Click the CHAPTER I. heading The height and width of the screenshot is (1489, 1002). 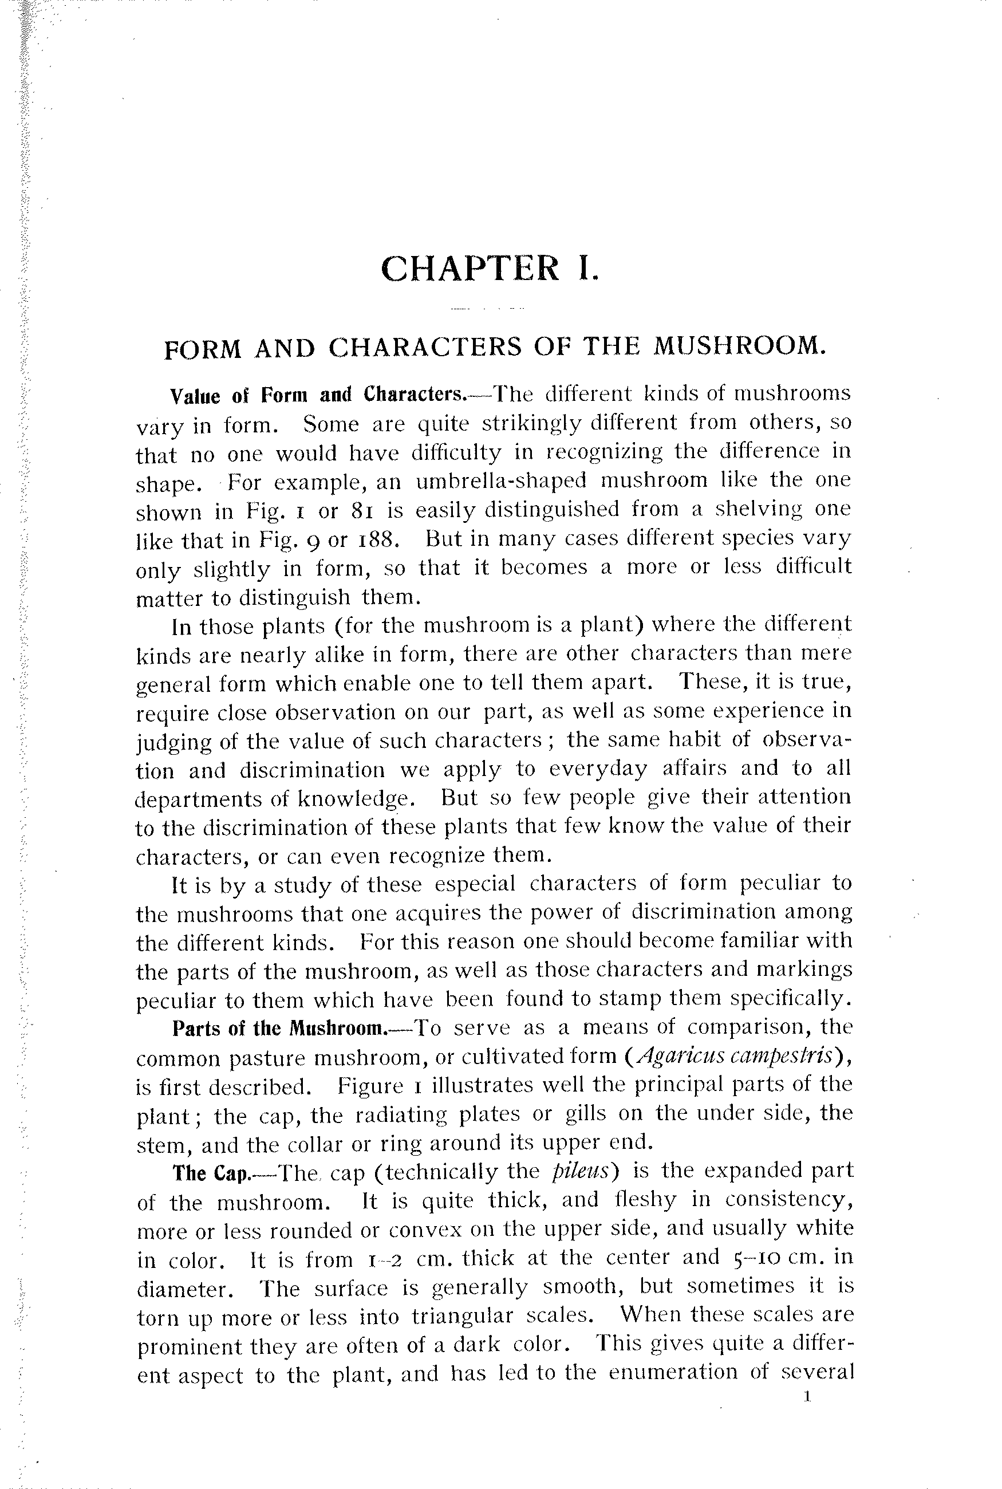point(490,268)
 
